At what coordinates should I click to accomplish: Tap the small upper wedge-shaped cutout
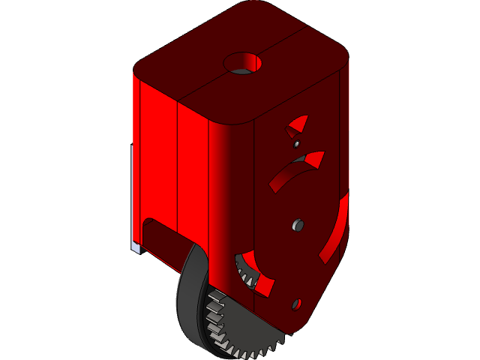click(x=298, y=124)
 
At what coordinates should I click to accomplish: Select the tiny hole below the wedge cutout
click(x=297, y=142)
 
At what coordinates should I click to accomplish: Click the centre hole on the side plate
click(x=298, y=224)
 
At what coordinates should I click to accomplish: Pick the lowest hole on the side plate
click(x=295, y=304)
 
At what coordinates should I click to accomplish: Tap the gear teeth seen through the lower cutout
click(x=244, y=270)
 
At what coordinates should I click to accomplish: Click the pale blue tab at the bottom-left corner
click(x=136, y=247)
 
